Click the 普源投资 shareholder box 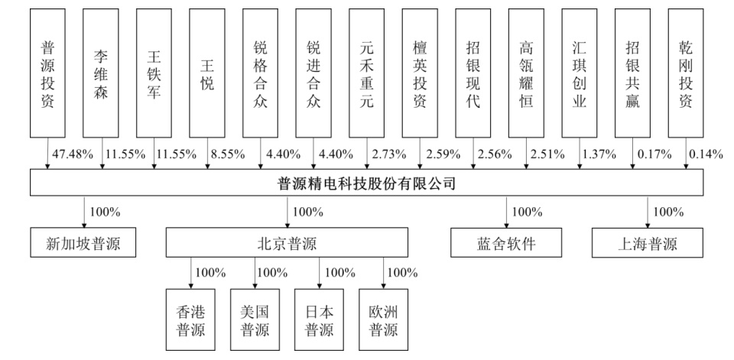47,73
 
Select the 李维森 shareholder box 101,73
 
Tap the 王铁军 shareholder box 154,73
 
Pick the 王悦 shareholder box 207,73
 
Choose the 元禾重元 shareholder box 367,73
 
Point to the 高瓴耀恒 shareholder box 526,73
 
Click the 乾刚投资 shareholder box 686,73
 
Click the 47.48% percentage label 72,154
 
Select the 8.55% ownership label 228,154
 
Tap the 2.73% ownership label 388,154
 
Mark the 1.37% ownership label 599,154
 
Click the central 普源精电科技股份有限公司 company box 367,183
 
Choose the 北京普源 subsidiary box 287,245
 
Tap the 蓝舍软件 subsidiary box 506,245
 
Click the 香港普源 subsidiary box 191,319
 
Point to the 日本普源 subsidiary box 320,319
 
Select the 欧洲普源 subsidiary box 384,319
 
